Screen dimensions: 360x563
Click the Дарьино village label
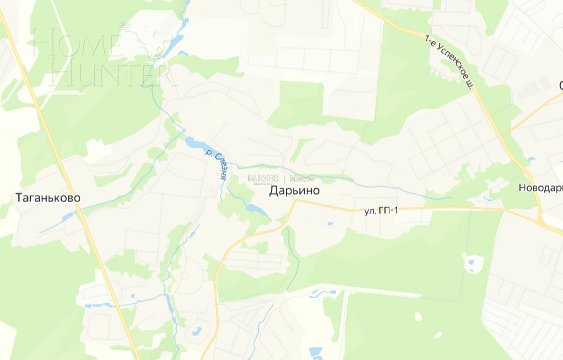[x=294, y=190]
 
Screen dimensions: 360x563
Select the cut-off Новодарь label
[x=540, y=188]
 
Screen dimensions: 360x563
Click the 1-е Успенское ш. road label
[x=449, y=63]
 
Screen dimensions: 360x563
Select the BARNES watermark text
[x=263, y=179]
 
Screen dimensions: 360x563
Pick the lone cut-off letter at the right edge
[x=560, y=85]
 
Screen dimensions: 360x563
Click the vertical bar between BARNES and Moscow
[x=284, y=179]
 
